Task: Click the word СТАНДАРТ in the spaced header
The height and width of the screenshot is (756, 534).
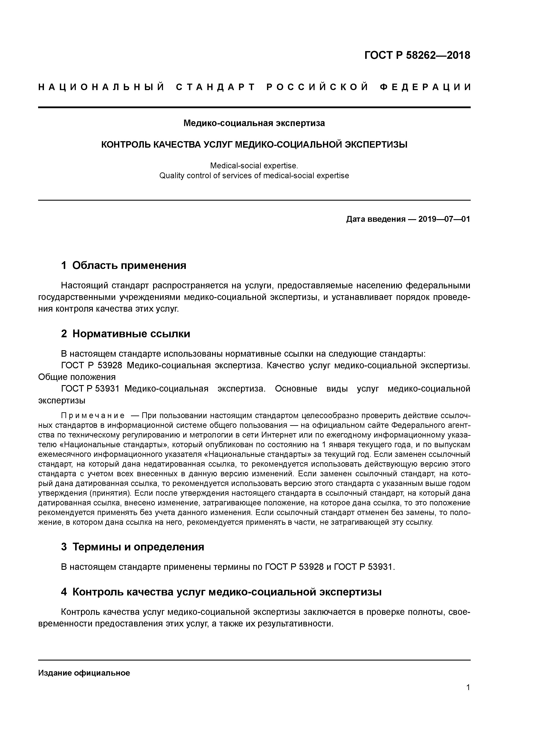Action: pos(216,87)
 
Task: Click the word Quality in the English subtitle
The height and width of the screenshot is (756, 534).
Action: pos(172,176)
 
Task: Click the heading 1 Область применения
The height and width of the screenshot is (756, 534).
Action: pos(124,265)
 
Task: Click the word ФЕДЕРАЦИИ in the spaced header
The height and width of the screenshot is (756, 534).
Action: pos(425,87)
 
